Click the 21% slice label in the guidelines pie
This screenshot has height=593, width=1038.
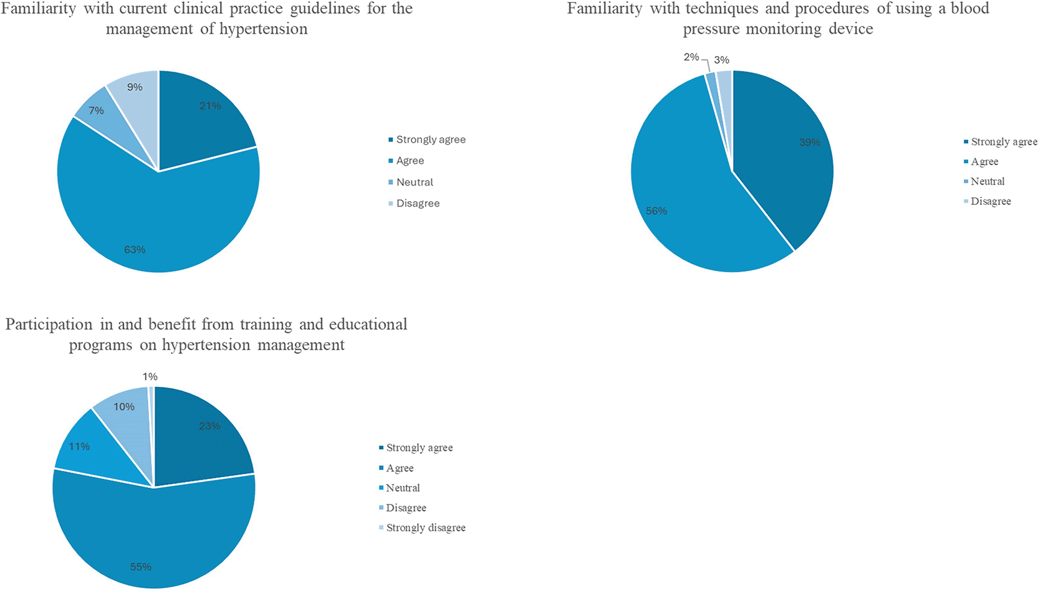pyautogui.click(x=210, y=106)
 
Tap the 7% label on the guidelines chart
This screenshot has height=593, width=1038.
pyautogui.click(x=96, y=111)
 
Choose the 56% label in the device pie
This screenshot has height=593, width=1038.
pyautogui.click(x=656, y=211)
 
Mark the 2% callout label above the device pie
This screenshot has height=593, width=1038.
pyautogui.click(x=691, y=57)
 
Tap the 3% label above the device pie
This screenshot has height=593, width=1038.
pyautogui.click(x=721, y=60)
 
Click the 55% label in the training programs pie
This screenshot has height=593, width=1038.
pyautogui.click(x=140, y=567)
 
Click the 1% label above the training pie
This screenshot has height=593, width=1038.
pyautogui.click(x=150, y=377)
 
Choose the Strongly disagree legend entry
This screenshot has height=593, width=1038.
pyautogui.click(x=425, y=528)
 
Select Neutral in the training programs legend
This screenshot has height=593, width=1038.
pyautogui.click(x=403, y=488)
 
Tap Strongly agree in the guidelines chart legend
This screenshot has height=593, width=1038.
pyautogui.click(x=430, y=140)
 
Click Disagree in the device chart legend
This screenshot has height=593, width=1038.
pyautogui.click(x=991, y=201)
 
